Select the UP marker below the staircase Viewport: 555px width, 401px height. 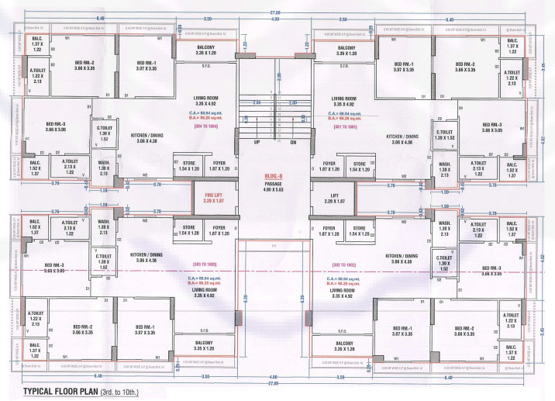(257, 143)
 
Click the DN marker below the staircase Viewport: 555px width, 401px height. (293, 143)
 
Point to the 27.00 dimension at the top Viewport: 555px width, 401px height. (275, 12)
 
